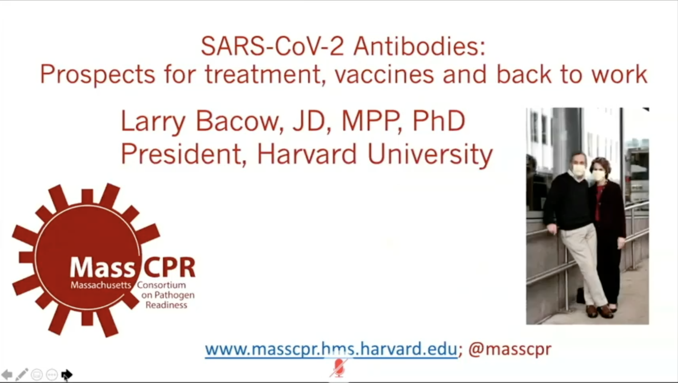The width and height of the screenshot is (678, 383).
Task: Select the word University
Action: pyautogui.click(x=430, y=155)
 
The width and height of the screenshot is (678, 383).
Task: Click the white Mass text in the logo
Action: pyautogui.click(x=102, y=267)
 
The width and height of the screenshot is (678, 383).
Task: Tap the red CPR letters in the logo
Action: pyautogui.click(x=169, y=267)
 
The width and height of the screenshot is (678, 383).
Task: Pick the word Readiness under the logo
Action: pyautogui.click(x=166, y=305)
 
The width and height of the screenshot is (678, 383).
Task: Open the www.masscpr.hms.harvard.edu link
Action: pyautogui.click(x=331, y=349)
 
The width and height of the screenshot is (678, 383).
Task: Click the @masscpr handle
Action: pyautogui.click(x=510, y=349)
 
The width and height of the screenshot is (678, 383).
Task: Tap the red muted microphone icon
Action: pyautogui.click(x=339, y=367)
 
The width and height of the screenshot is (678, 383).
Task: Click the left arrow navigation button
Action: pyautogui.click(x=7, y=375)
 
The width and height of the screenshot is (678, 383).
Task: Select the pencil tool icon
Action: pyautogui.click(x=21, y=374)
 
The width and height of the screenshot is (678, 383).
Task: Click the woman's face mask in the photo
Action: pyautogui.click(x=598, y=175)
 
